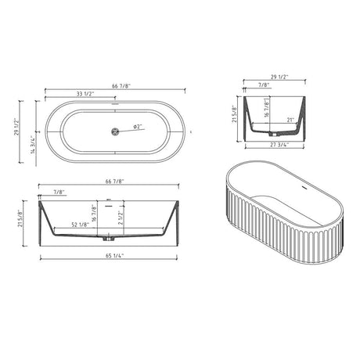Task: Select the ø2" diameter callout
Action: point(137,127)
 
